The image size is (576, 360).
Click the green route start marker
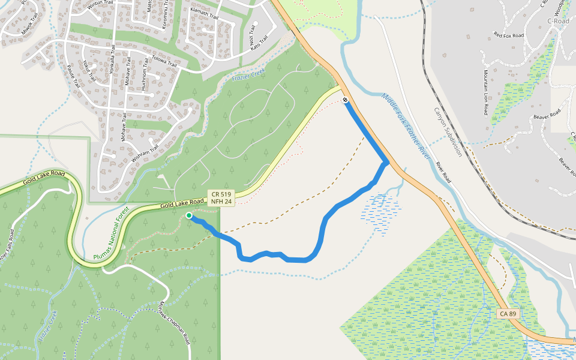pos(189,215)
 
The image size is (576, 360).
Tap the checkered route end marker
pos(346,100)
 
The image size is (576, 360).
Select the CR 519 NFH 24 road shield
pos(221,198)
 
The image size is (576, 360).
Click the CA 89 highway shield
pos(508,314)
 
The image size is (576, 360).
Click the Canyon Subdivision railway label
pos(448,132)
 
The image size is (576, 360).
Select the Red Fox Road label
pos(508,35)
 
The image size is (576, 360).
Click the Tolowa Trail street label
pos(164,61)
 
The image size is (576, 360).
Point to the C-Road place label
pos(558,21)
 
